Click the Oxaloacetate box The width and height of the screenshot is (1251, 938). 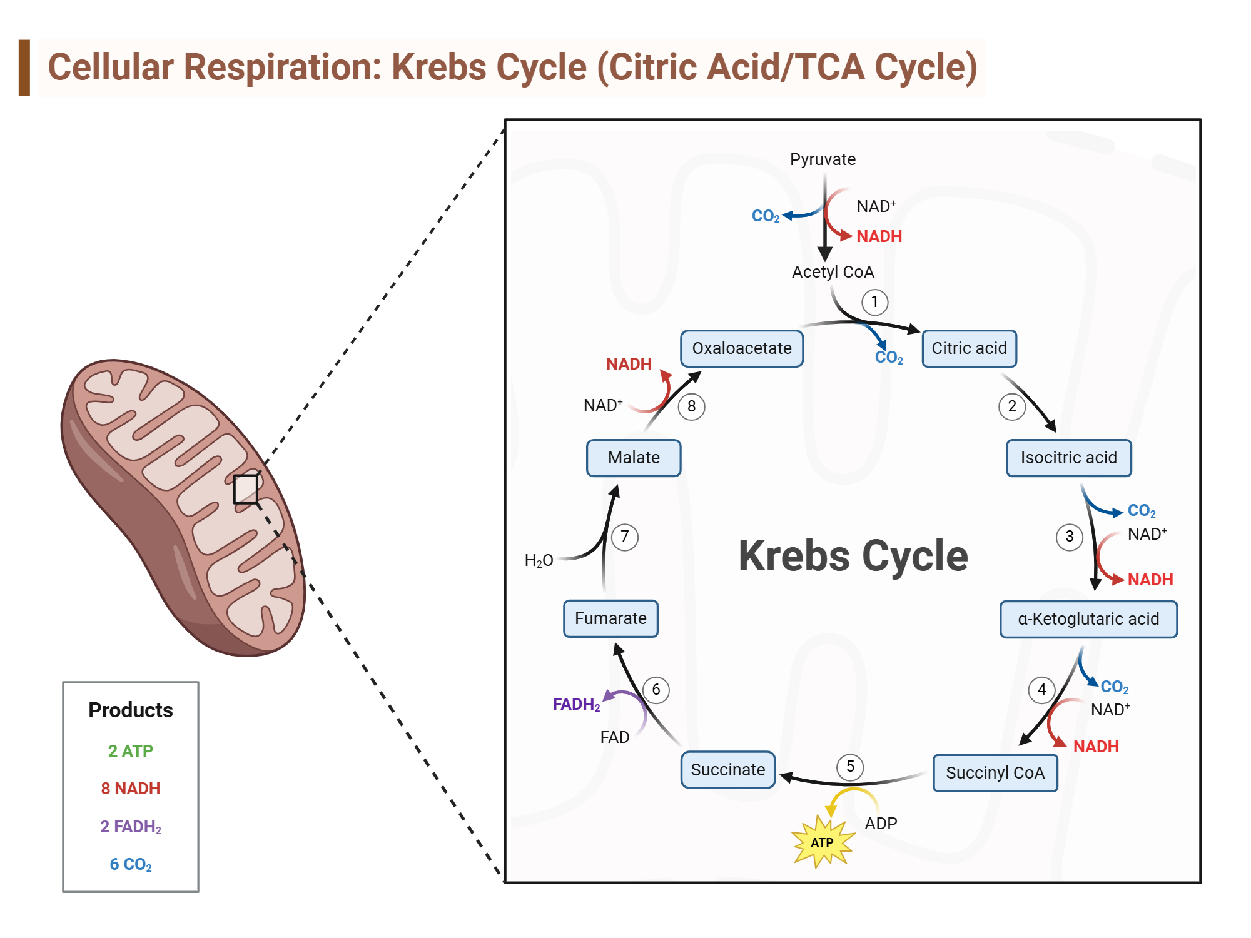pyautogui.click(x=742, y=348)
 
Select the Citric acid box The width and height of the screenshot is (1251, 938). pyautogui.click(x=969, y=348)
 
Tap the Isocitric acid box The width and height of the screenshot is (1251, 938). pyautogui.click(x=1068, y=458)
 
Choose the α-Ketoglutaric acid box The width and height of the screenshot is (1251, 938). pyautogui.click(x=1088, y=619)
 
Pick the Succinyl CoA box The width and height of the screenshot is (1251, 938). pyautogui.click(x=995, y=773)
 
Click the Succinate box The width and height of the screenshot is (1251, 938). pyautogui.click(x=727, y=770)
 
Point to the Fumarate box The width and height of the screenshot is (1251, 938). pyautogui.click(x=610, y=618)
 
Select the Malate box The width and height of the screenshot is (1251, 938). pyautogui.click(x=633, y=458)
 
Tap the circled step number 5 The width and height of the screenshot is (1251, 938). pyautogui.click(x=850, y=767)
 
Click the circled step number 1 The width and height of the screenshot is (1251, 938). pyautogui.click(x=874, y=302)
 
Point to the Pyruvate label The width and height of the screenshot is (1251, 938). pyautogui.click(x=823, y=159)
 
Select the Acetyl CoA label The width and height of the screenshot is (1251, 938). pyautogui.click(x=833, y=272)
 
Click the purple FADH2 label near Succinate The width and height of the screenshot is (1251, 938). pyautogui.click(x=576, y=705)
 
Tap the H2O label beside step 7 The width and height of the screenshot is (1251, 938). pyautogui.click(x=539, y=560)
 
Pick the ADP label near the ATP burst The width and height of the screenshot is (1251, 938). pyautogui.click(x=881, y=824)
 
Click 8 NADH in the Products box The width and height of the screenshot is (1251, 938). pyautogui.click(x=131, y=789)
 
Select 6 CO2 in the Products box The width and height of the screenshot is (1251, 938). pyautogui.click(x=131, y=865)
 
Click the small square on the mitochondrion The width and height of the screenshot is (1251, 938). pyautogui.click(x=246, y=489)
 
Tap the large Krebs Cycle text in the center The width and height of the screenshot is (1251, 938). pyautogui.click(x=853, y=556)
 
